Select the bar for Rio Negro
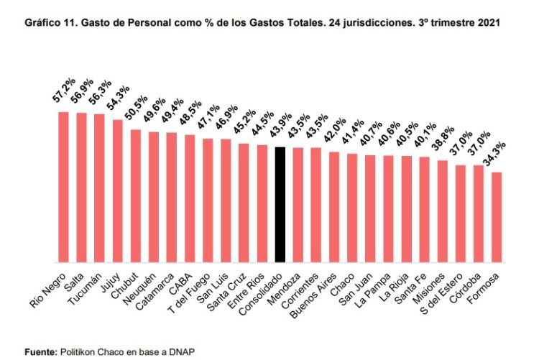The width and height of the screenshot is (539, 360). coord(63,187)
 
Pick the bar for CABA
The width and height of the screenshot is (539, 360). coord(190,198)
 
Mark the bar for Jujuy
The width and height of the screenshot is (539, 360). coord(117,190)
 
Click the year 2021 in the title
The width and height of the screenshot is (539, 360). coord(488,23)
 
